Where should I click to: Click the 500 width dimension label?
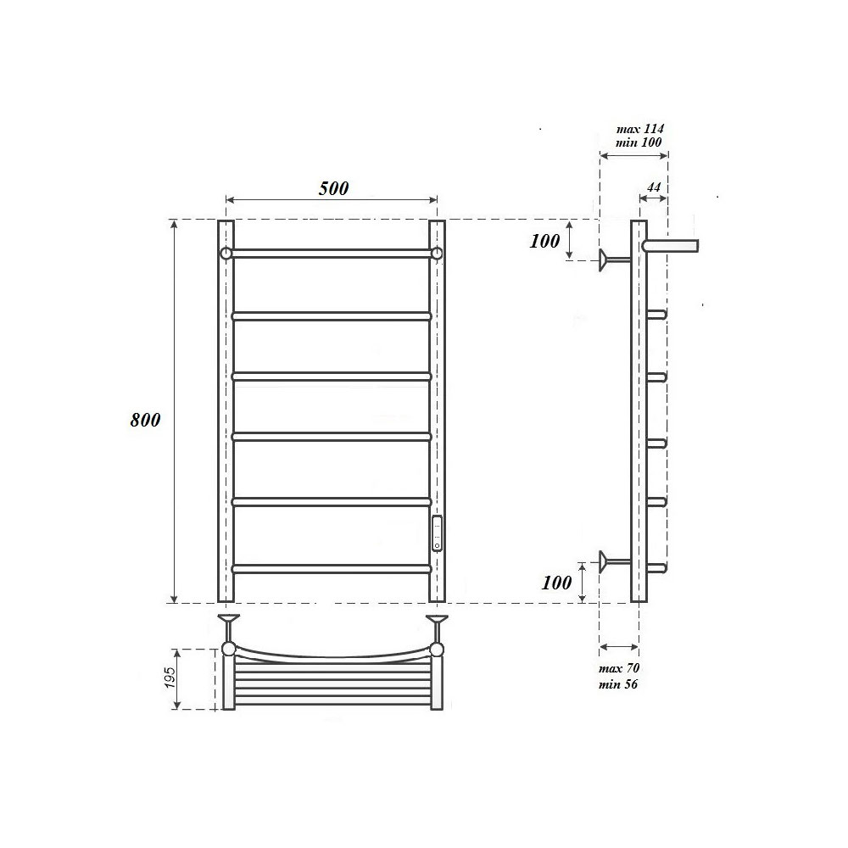[333, 188]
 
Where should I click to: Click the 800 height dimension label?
[146, 420]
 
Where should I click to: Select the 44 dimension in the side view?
[653, 187]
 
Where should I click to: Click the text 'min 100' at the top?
[639, 142]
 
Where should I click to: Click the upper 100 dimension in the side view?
[544, 241]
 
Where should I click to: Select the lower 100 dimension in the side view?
[555, 583]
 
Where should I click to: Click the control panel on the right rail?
[437, 533]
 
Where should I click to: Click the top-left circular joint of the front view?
[226, 253]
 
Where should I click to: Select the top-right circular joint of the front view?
[437, 253]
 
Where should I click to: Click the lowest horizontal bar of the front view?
[332, 568]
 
